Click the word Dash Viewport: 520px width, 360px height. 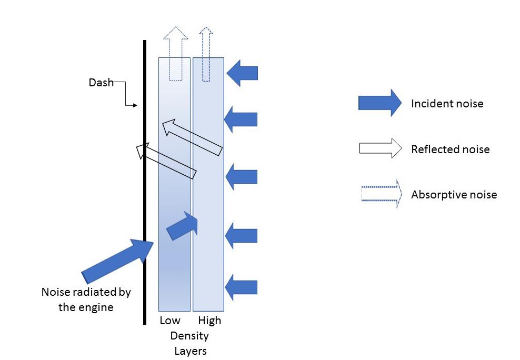click(x=101, y=83)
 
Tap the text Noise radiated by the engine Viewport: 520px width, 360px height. click(x=86, y=299)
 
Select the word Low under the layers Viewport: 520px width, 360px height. click(x=169, y=321)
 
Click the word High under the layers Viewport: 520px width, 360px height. click(x=209, y=321)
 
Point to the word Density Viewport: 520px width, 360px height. click(x=189, y=336)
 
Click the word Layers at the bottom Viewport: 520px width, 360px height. click(x=190, y=351)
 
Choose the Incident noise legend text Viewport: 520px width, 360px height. click(x=447, y=104)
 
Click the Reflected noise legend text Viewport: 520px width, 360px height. click(x=450, y=149)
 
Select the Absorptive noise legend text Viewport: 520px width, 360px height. click(x=454, y=195)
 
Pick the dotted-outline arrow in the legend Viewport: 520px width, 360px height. click(x=379, y=194)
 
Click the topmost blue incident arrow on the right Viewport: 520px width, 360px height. click(x=242, y=73)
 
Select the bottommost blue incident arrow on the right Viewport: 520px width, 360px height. click(x=241, y=287)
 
